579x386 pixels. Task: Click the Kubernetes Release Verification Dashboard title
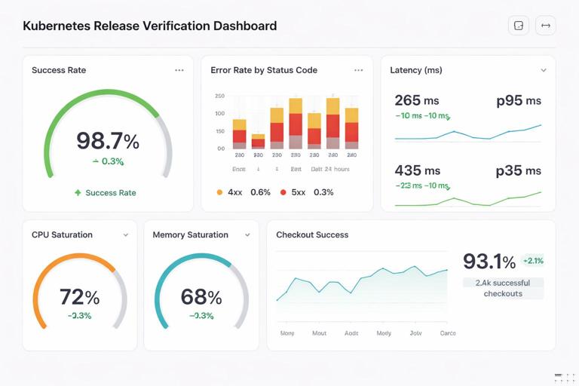pyautogui.click(x=149, y=26)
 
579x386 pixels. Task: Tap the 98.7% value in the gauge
pyautogui.click(x=108, y=141)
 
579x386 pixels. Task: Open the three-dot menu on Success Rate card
pyautogui.click(x=179, y=70)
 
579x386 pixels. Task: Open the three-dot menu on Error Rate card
pyautogui.click(x=358, y=70)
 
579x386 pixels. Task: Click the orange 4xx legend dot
pyautogui.click(x=219, y=192)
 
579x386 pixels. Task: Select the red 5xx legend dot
pyautogui.click(x=283, y=192)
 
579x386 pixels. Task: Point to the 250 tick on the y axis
pyautogui.click(x=219, y=96)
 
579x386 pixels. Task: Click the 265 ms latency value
pyautogui.click(x=417, y=100)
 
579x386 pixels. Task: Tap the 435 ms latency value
pyautogui.click(x=417, y=171)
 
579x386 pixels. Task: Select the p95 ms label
pyautogui.click(x=519, y=100)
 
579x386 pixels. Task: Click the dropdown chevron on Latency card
pyautogui.click(x=543, y=70)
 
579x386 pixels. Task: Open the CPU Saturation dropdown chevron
pyautogui.click(x=126, y=235)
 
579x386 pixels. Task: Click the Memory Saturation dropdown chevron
pyautogui.click(x=247, y=235)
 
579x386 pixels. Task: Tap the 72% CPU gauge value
pyautogui.click(x=79, y=296)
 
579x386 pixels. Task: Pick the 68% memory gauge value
pyautogui.click(x=201, y=296)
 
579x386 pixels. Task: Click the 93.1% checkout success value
pyautogui.click(x=489, y=262)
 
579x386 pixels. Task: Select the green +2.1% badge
pyautogui.click(x=532, y=261)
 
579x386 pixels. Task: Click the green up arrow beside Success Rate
pyautogui.click(x=78, y=193)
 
